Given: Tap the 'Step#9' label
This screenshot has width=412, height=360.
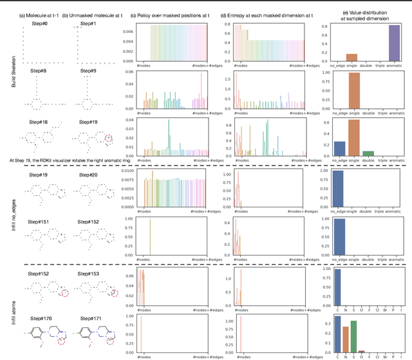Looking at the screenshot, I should tap(88, 79).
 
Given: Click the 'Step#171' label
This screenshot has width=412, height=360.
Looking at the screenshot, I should tap(89, 318).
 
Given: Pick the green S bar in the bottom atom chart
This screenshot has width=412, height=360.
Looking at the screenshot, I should tap(352, 336).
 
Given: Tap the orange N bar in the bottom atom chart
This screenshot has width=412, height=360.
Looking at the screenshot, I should tap(344, 338).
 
